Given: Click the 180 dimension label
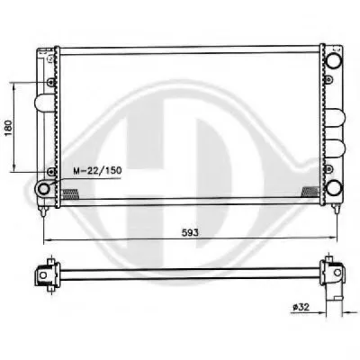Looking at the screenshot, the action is coord(9,128).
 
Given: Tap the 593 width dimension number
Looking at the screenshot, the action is coord(190,232).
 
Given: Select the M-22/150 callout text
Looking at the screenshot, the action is coord(98,171).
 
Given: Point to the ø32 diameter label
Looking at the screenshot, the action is coord(301,307).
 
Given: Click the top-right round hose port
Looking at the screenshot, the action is coord(334,60).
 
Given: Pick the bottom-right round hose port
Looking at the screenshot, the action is coord(334,188).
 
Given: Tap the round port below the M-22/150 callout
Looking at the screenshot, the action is coord(44,189).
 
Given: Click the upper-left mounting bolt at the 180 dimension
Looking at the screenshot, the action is coord(51,82).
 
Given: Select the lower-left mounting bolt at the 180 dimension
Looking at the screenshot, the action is coord(51,171).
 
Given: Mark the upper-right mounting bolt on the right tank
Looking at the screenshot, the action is coord(329,79).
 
